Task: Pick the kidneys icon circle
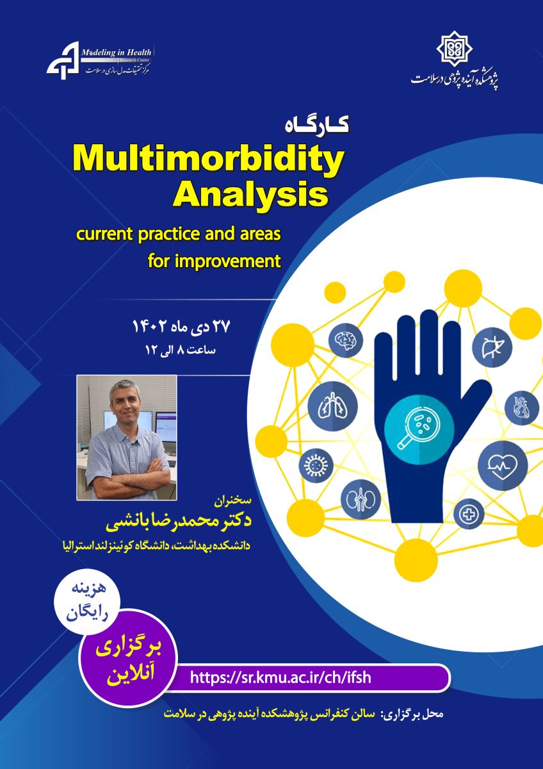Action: tap(361, 499)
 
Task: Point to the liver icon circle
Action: tap(492, 347)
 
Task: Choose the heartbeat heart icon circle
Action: tap(503, 466)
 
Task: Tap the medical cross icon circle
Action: tap(469, 513)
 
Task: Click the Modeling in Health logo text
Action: tap(117, 53)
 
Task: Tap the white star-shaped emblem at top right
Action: tap(455, 49)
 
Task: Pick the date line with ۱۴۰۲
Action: tap(181, 326)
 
